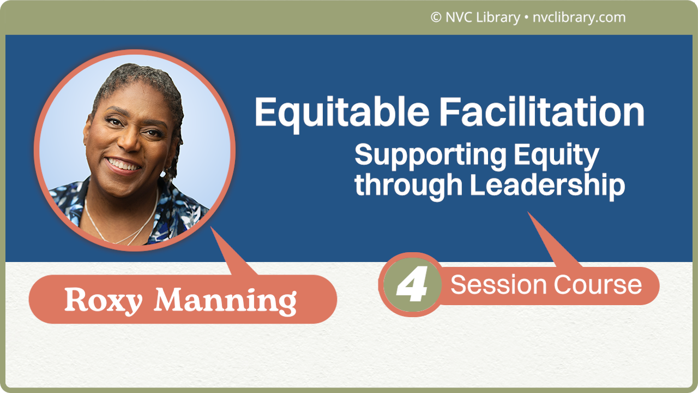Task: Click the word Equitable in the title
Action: (x=342, y=113)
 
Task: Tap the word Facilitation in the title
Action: (x=542, y=113)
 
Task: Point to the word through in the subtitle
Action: (x=408, y=185)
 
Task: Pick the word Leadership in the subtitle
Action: (x=547, y=185)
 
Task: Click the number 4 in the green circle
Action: (x=412, y=285)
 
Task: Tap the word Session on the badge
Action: (x=498, y=285)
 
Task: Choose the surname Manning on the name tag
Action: (x=225, y=301)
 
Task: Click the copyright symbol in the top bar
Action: (x=436, y=17)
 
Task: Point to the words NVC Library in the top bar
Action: (x=483, y=17)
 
